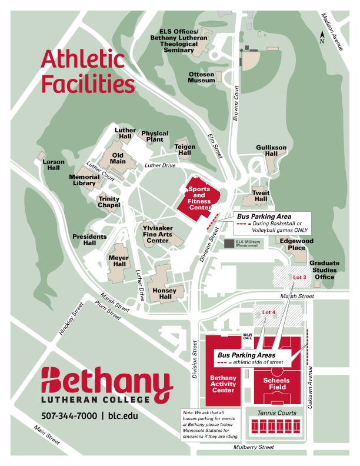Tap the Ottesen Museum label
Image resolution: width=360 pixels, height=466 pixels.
coord(201,78)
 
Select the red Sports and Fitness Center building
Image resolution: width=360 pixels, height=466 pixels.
coord(199,198)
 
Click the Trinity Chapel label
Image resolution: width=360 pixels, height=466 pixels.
coord(109,202)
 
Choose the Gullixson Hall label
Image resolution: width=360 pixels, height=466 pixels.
coord(271,150)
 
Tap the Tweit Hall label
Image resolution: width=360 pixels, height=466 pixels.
coord(261,196)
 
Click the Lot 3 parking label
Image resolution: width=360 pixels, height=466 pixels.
coord(300,277)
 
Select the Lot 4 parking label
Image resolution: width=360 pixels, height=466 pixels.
coord(269,312)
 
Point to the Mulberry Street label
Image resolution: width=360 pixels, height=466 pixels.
coord(253,447)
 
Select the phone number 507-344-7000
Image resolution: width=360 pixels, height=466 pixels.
coord(69,415)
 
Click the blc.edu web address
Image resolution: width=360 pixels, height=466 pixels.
coord(123,415)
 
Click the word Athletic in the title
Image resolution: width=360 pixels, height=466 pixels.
coord(82,60)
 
